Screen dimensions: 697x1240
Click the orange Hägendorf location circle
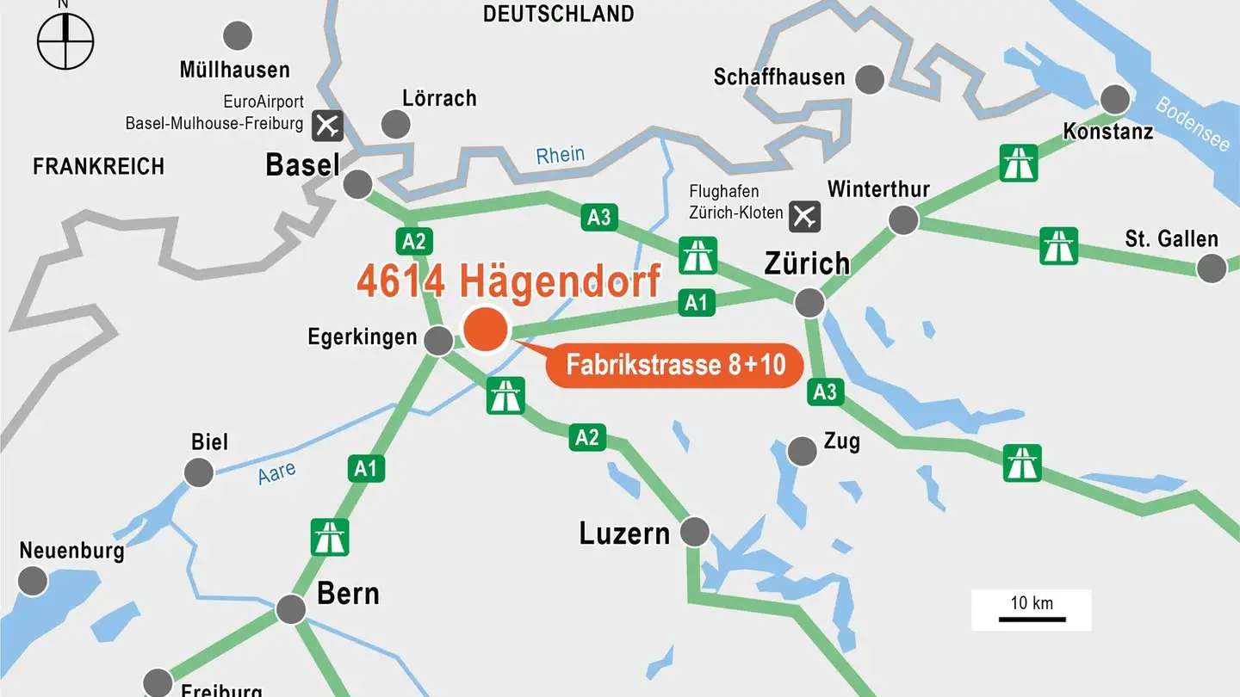pos(486,330)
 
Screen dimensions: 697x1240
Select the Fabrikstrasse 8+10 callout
pos(675,364)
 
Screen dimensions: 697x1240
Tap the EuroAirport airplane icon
pos(327,125)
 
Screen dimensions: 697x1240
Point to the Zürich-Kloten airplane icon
pos(804,214)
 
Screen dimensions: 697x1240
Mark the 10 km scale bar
pos(1032,618)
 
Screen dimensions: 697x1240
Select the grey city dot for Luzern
pos(694,532)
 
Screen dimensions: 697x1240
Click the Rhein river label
pos(560,156)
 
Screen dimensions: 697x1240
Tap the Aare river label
pos(277,472)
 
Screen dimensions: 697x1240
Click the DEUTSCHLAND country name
pos(558,14)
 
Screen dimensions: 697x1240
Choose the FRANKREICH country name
pos(98,166)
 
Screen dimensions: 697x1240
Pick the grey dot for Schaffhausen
pos(871,78)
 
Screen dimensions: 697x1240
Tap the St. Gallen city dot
pos(1212,268)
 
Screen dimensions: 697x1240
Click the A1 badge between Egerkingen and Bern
pos(366,468)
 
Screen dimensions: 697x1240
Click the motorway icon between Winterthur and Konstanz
pos(1018,163)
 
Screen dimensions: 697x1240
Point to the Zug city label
pos(841,441)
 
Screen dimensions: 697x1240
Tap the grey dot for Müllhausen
pos(238,35)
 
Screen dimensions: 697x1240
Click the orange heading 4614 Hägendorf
pos(508,281)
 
